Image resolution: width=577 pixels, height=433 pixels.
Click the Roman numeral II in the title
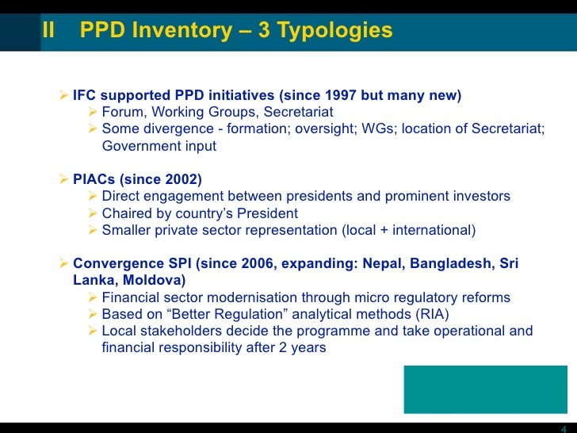[x=48, y=31]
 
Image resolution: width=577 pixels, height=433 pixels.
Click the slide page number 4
[x=563, y=424]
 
